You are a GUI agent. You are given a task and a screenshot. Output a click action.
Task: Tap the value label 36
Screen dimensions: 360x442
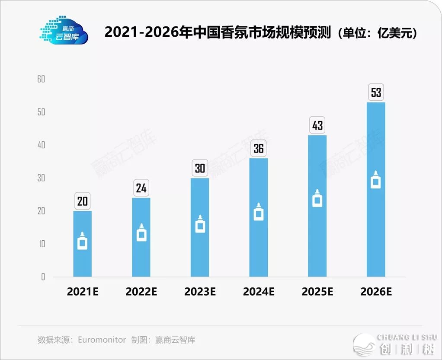coord(259,149)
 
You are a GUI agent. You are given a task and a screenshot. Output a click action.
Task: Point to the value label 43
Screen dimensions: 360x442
coord(317,126)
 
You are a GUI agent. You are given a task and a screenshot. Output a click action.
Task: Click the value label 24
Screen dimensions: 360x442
coord(141,188)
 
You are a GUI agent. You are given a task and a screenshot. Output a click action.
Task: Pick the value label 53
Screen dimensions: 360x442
coord(376,92)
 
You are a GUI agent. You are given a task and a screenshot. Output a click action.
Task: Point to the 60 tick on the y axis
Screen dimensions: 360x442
coord(41,80)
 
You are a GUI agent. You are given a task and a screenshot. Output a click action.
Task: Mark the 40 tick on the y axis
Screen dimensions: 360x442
coord(41,145)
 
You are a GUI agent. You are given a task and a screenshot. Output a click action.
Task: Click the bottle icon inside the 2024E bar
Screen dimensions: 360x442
coord(259,212)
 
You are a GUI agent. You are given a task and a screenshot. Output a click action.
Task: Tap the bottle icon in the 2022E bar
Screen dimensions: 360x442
coord(141,233)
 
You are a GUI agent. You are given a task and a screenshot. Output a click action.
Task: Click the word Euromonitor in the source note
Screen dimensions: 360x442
coord(102,340)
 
